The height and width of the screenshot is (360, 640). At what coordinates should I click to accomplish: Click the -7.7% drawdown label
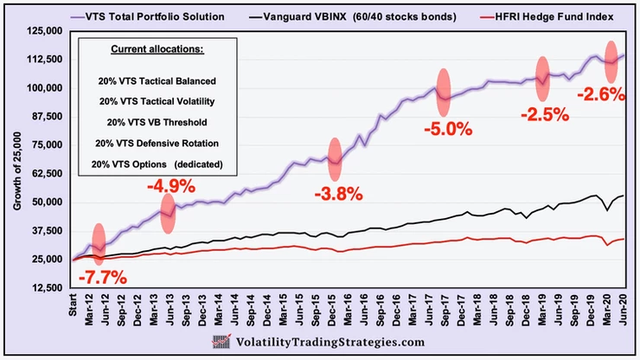(x=103, y=278)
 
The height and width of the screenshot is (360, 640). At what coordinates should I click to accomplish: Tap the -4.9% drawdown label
(x=171, y=185)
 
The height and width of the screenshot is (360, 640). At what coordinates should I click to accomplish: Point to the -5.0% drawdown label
(x=448, y=130)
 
